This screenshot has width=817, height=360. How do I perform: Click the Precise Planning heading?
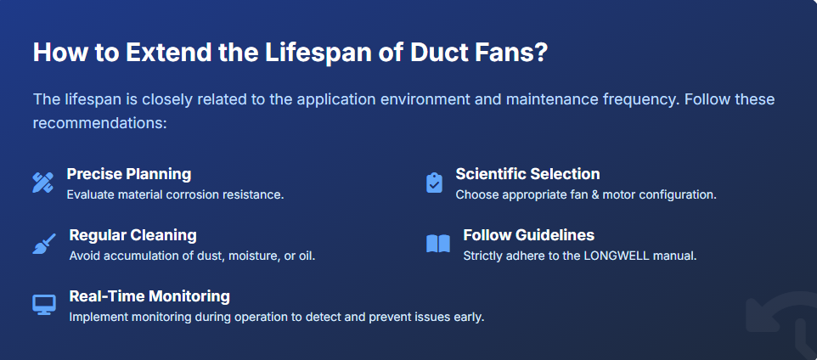[x=129, y=174]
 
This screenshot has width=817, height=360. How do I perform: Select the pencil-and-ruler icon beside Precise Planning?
[x=43, y=182]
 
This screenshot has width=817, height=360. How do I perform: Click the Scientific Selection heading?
[x=527, y=174]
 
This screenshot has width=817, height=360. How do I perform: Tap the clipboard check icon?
[x=434, y=183]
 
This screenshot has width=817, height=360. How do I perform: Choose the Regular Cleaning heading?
[x=132, y=235]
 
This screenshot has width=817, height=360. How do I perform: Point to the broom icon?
[x=44, y=244]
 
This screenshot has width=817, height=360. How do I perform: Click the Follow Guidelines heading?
[x=528, y=235]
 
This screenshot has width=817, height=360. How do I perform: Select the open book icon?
[x=437, y=245]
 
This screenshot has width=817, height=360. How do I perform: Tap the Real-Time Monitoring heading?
[x=149, y=296]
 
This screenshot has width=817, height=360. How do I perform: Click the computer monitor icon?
[x=44, y=304]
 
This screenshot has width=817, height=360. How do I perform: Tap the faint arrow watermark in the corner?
[x=776, y=323]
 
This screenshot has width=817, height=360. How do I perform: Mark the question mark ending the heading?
[x=540, y=52]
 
